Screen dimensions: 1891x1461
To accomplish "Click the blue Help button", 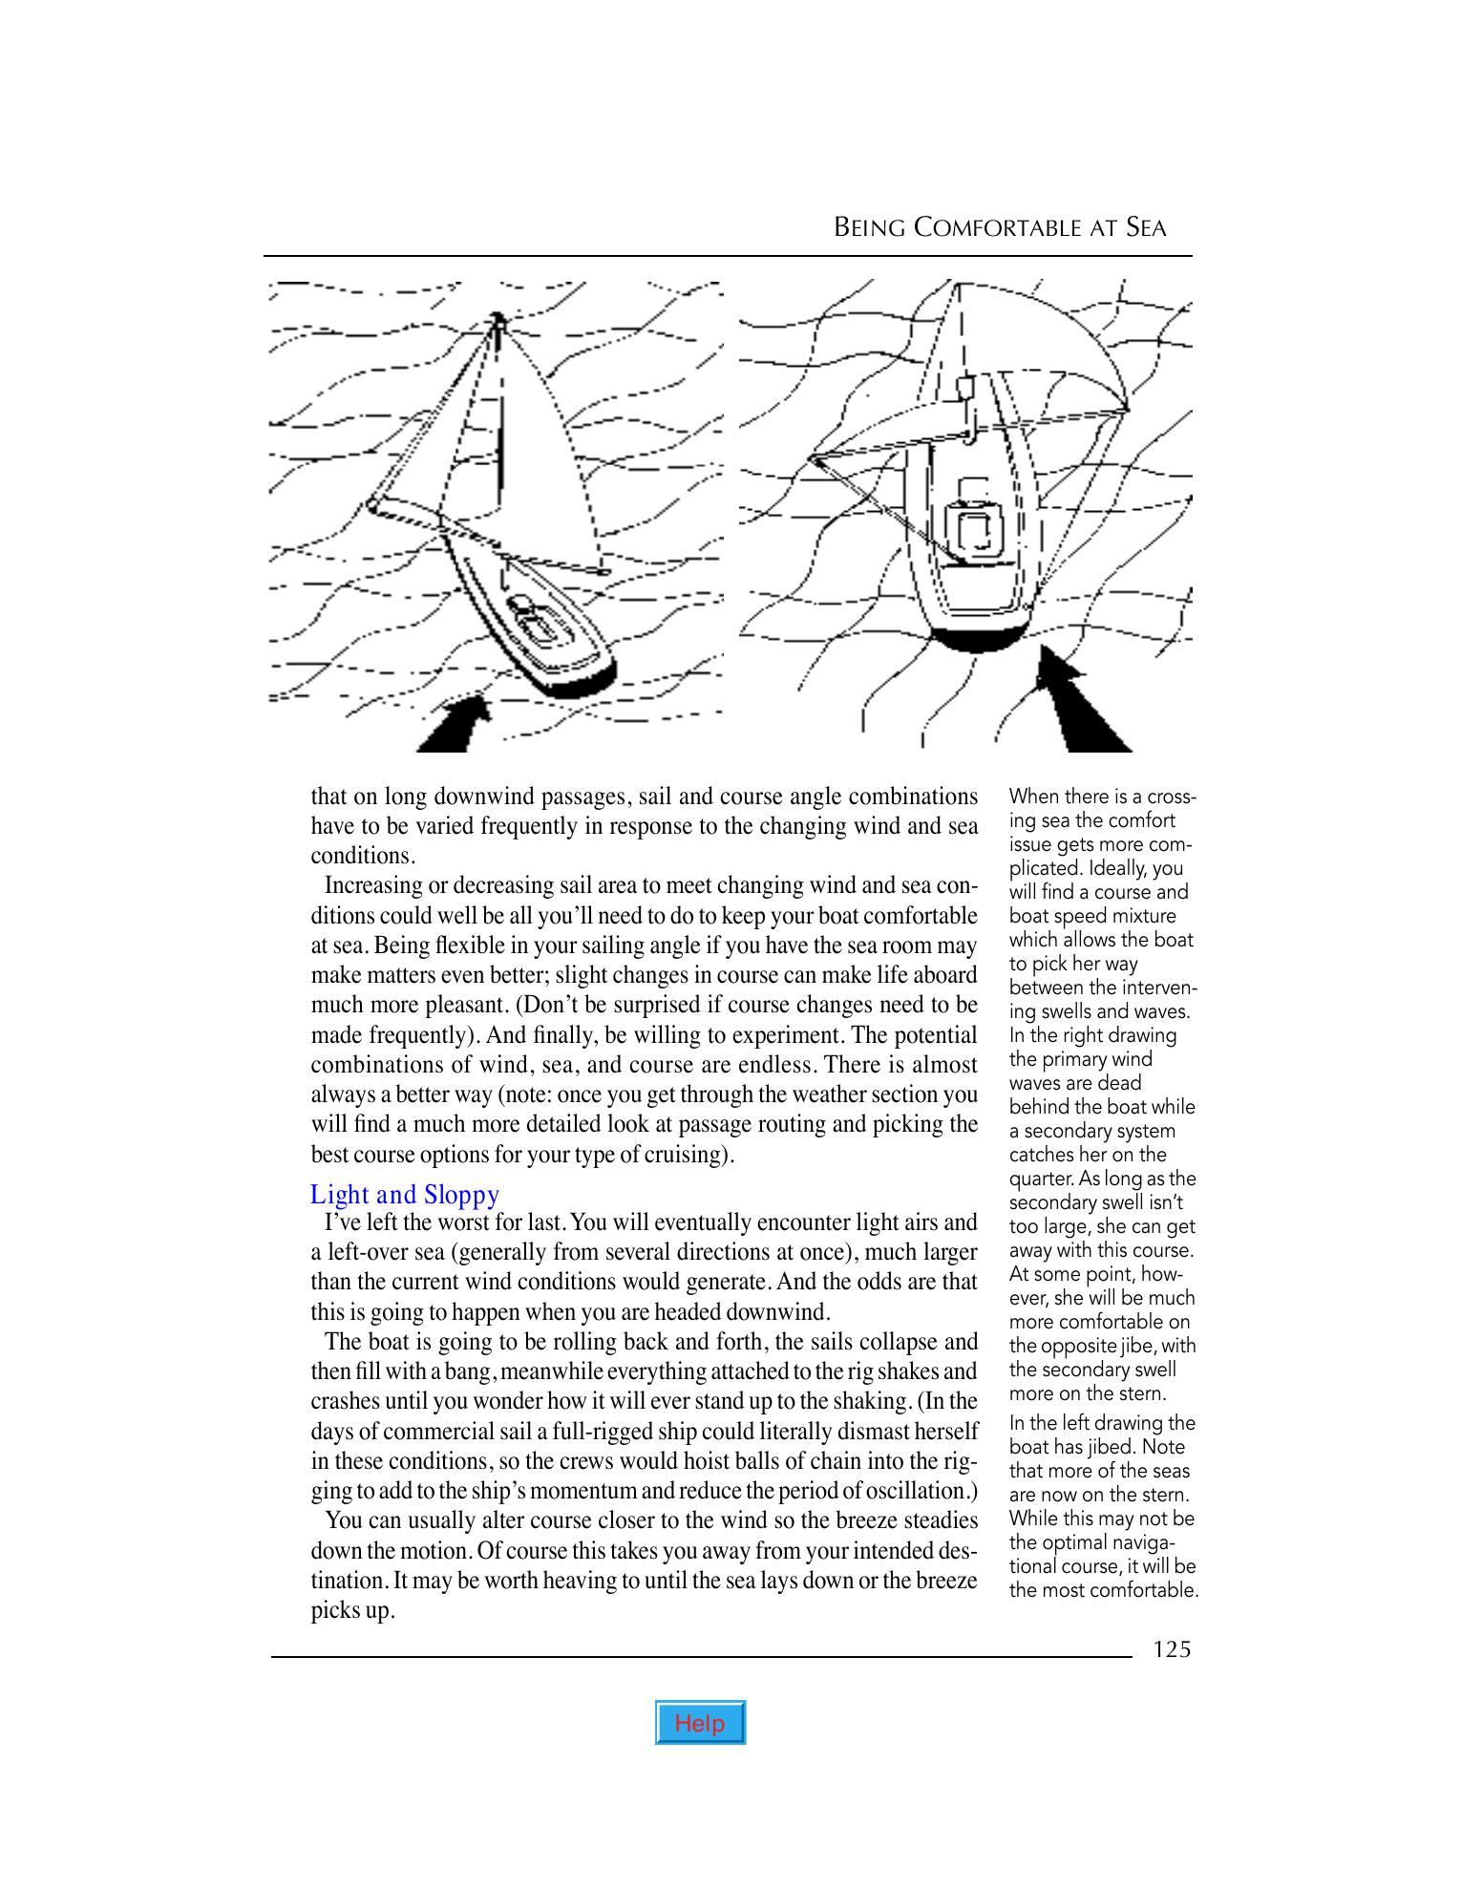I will coord(700,1723).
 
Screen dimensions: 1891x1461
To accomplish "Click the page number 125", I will coord(1172,1649).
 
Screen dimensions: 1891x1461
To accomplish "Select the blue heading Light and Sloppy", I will coord(405,1195).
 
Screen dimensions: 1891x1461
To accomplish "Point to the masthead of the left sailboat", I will coord(497,318).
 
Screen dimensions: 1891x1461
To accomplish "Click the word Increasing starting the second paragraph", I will coord(372,885).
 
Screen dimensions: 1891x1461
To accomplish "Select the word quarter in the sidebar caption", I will coord(1038,1179).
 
